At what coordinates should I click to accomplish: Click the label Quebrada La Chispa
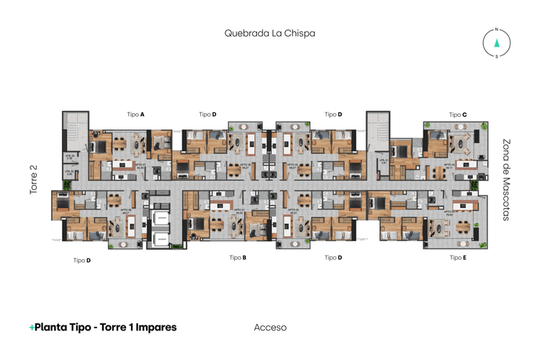coord(269,33)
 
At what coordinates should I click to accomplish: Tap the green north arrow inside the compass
coord(496,42)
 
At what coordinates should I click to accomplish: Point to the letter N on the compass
coord(496,30)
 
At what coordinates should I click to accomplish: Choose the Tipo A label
coord(136,114)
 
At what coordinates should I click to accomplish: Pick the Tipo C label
coord(458,114)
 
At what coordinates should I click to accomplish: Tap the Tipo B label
coord(238,257)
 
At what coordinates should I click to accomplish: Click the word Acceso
coord(270,328)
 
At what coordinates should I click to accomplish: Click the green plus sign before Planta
coord(32,328)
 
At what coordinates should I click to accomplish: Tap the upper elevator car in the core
coord(159,220)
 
